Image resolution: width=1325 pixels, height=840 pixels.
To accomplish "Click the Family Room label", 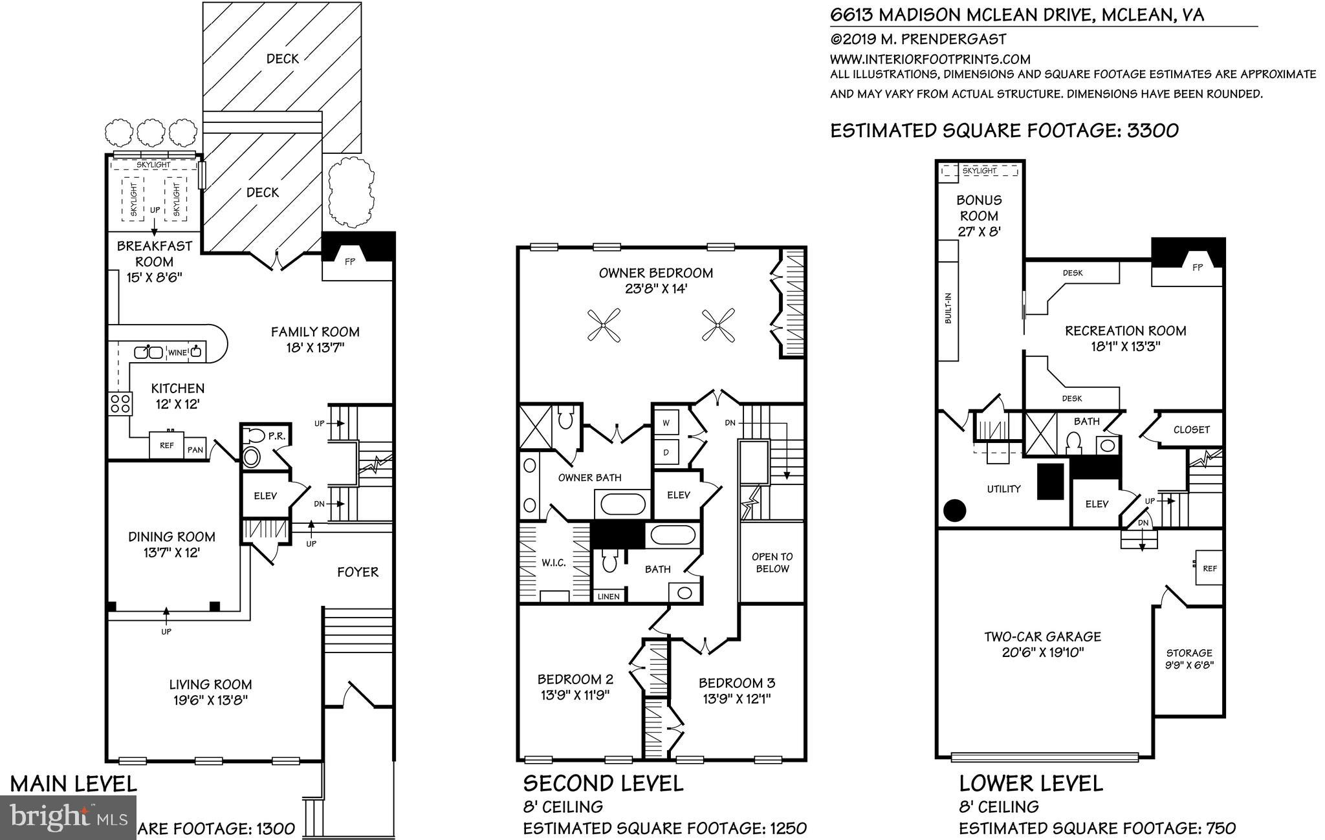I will tap(315, 332).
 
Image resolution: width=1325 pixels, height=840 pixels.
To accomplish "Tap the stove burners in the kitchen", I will tap(120, 404).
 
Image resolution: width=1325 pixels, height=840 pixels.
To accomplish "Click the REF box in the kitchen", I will tap(167, 446).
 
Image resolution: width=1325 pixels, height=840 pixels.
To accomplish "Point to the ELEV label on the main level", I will tap(265, 496).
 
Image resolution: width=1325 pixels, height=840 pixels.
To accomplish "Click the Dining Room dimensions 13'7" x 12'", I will tap(171, 553).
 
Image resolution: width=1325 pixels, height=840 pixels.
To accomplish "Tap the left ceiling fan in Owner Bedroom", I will tap(604, 325).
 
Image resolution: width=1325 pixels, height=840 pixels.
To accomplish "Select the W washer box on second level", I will tap(666, 422).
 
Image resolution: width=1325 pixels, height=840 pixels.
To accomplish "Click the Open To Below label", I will tap(772, 563).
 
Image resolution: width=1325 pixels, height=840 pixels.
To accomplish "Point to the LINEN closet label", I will tap(608, 596).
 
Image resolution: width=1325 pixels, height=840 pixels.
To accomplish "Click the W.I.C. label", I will tap(554, 563).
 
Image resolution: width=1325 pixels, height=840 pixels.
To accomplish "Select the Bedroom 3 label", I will tap(737, 683).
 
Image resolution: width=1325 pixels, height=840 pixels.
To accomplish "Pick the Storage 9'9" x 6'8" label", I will tap(1189, 658).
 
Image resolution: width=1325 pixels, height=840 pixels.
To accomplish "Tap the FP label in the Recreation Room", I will tap(1197, 266).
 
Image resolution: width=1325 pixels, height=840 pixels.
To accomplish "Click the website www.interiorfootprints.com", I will tap(930, 59).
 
